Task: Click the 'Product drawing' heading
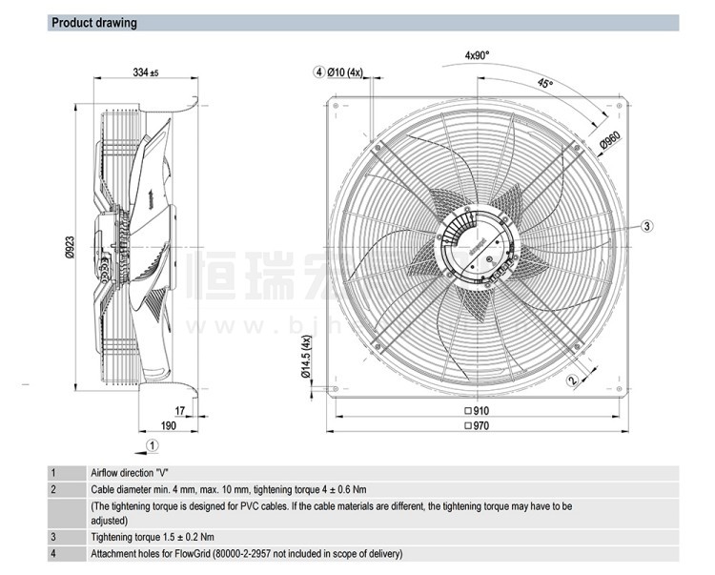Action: tap(92, 23)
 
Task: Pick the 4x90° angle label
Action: tap(477, 56)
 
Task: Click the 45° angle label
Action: tap(544, 84)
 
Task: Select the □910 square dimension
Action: tap(475, 411)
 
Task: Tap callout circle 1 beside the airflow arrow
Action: tap(152, 444)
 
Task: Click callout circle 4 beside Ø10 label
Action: tap(317, 72)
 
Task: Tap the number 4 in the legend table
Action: tap(53, 554)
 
